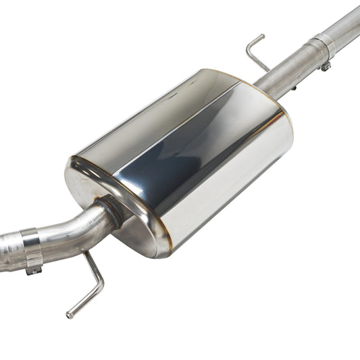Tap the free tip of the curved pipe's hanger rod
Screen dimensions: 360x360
click(x=69, y=315)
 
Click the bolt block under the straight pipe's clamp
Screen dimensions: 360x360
click(x=326, y=66)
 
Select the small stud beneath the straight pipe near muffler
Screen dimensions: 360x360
click(x=295, y=88)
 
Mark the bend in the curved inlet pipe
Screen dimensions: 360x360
click(x=81, y=230)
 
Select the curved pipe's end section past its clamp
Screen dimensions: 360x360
click(x=9, y=253)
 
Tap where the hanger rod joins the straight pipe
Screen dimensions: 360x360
click(x=268, y=69)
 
